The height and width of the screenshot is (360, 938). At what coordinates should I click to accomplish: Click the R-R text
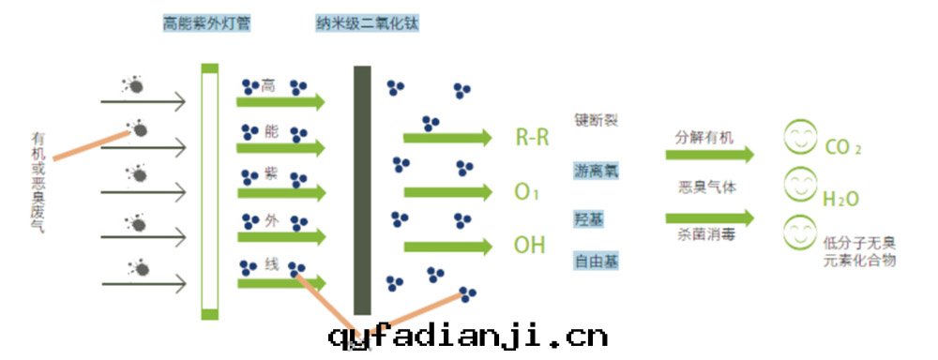tap(532, 138)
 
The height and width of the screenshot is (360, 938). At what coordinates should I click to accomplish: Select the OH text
tap(529, 246)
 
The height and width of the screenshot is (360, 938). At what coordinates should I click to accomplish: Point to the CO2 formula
tap(842, 148)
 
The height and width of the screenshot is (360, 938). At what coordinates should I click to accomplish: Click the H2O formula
tap(840, 199)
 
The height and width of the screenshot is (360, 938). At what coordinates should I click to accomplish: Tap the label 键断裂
tap(597, 121)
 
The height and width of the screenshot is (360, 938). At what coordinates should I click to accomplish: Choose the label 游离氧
tap(597, 171)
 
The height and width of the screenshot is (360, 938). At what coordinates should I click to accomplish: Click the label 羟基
tap(589, 218)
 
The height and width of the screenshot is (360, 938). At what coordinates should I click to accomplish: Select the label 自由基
tap(597, 261)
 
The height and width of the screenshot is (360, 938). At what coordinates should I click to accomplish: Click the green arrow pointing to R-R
tap(447, 138)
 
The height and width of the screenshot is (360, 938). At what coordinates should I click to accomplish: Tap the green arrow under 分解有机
tap(709, 154)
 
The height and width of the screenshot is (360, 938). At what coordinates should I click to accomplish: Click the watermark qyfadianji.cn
tap(468, 336)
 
